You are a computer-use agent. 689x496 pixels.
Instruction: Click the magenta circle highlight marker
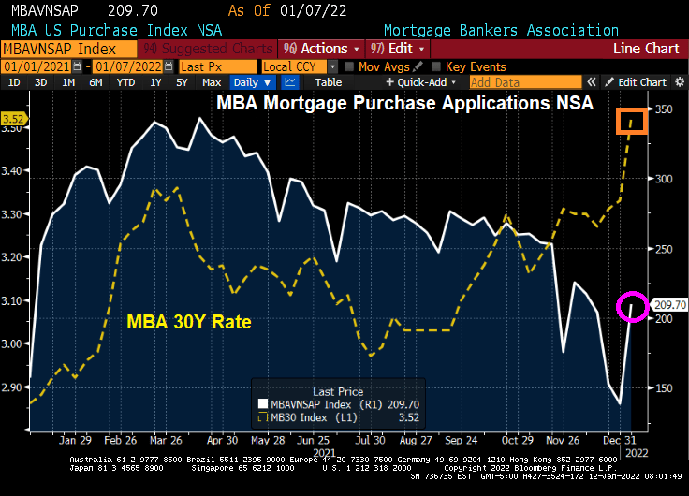point(632,306)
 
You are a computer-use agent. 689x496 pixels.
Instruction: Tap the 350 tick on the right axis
point(664,110)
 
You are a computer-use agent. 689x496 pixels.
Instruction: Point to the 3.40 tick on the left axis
point(14,171)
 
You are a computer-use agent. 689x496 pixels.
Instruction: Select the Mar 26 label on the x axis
point(165,438)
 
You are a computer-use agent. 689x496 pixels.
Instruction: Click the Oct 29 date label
point(517,438)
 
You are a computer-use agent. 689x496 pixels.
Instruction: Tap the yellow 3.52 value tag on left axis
point(13,119)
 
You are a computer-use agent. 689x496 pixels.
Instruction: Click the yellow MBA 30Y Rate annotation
point(188,323)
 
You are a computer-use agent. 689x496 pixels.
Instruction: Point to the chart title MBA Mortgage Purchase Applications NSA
point(404,103)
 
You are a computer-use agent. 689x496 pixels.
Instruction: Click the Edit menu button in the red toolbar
point(398,48)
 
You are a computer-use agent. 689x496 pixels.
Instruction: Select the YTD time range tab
point(124,82)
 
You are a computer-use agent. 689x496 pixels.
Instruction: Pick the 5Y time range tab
point(183,82)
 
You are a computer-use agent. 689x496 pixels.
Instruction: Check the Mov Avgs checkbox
point(349,66)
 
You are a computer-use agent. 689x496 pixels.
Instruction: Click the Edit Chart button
point(636,82)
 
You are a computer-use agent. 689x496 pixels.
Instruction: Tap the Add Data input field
point(524,82)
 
